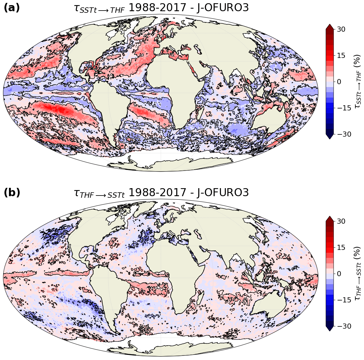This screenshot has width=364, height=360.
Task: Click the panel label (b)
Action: [12, 193]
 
